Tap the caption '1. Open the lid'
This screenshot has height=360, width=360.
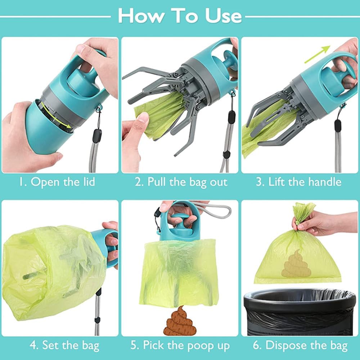pyautogui.click(x=57, y=182)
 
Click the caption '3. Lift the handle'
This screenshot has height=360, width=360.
pyautogui.click(x=298, y=182)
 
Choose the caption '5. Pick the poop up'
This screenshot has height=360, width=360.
pyautogui.click(x=180, y=346)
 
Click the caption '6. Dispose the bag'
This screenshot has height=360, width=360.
pyautogui.click(x=300, y=346)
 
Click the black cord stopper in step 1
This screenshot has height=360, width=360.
pyautogui.click(x=97, y=136)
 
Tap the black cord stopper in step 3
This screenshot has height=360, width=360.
pyautogui.click(x=338, y=126)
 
